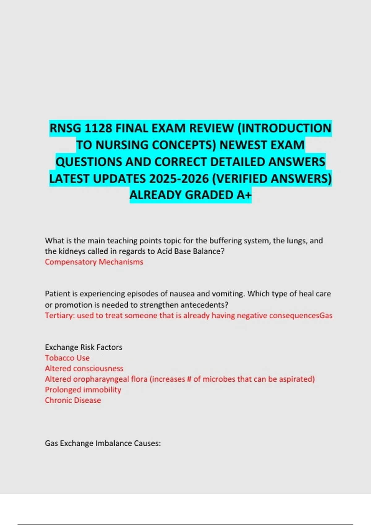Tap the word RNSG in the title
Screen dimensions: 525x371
(x=65, y=128)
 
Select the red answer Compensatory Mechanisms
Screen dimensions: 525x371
(x=94, y=262)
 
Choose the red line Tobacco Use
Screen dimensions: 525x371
(x=67, y=358)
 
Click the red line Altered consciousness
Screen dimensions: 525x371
(x=84, y=368)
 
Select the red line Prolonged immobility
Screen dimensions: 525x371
(x=83, y=390)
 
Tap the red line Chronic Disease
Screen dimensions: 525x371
(x=73, y=400)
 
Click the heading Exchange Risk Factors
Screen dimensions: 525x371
(x=83, y=347)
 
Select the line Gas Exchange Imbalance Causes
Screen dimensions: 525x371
(x=103, y=443)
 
